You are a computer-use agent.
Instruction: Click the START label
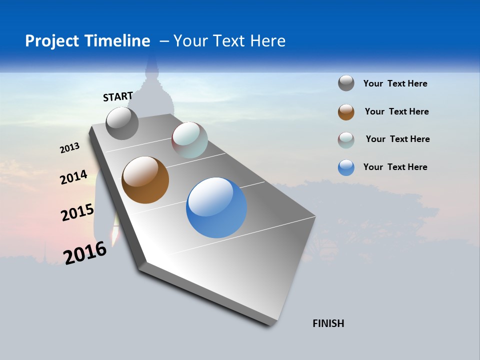(118, 96)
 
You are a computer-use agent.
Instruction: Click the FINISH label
(328, 323)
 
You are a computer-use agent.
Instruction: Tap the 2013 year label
(70, 148)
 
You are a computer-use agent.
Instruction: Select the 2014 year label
(74, 177)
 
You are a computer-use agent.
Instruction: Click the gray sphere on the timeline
(122, 123)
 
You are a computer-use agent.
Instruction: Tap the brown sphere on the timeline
(145, 180)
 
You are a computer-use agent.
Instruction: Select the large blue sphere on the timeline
(216, 207)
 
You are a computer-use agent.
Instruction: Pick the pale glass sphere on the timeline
(189, 140)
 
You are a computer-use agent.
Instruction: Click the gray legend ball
(346, 83)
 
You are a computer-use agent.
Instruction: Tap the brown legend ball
(346, 112)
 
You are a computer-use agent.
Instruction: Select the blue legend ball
(346, 167)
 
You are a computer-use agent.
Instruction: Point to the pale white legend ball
(346, 140)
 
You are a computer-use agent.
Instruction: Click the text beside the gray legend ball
(395, 84)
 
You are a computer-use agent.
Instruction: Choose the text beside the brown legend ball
(396, 111)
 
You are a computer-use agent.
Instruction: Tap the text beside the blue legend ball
(395, 167)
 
